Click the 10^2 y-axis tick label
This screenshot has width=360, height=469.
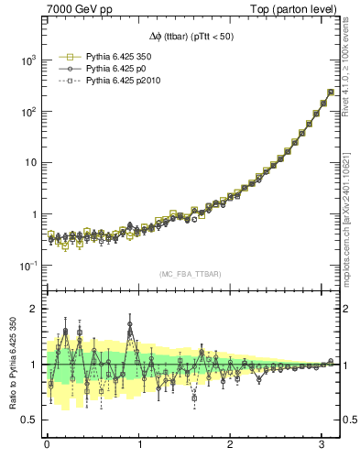click(28, 112)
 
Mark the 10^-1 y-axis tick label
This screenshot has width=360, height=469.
click(27, 266)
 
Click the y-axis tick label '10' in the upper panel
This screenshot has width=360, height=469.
click(30, 163)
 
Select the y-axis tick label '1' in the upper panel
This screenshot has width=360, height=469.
click(35, 214)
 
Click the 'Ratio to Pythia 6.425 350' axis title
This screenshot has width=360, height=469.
click(10, 364)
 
